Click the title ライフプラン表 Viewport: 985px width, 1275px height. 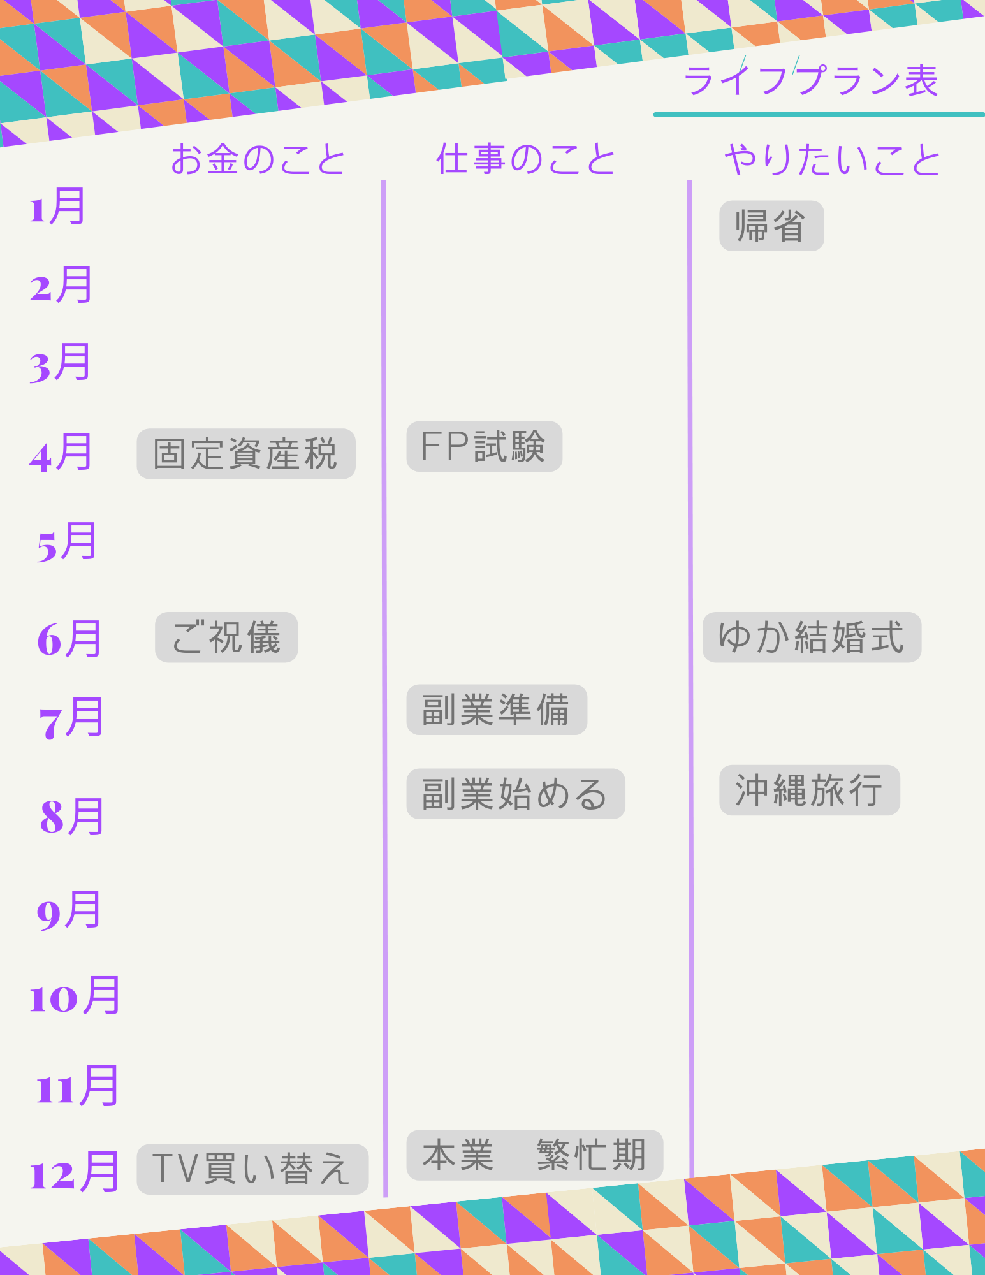811,80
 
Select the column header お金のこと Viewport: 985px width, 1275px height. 258,159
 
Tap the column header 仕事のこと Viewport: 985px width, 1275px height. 526,159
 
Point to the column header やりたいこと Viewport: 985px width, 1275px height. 833,159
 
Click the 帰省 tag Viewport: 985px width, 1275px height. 771,226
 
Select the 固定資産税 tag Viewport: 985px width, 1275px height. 246,454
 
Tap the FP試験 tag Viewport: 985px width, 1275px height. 485,446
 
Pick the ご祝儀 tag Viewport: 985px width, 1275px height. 226,637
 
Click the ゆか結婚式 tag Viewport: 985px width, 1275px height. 812,637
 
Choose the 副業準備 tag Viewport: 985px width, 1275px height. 497,710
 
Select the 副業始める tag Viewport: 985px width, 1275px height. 516,794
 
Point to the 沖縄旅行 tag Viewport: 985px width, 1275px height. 810,790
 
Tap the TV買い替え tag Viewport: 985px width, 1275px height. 252,1169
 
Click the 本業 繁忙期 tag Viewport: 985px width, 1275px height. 535,1155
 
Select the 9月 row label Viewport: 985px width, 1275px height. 69,910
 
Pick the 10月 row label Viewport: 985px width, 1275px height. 75,995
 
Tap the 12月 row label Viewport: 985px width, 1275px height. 75,1172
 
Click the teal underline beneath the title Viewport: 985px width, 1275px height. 819,115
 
